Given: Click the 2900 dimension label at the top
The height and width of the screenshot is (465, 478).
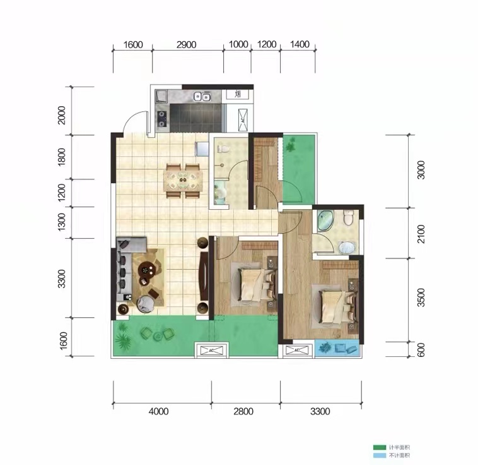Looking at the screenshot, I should click(x=187, y=45).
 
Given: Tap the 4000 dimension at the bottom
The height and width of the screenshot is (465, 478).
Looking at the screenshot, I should click(x=158, y=412).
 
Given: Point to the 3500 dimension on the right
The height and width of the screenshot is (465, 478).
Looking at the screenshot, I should click(x=421, y=298).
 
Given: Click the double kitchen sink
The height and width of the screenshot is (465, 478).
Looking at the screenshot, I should click(x=202, y=97).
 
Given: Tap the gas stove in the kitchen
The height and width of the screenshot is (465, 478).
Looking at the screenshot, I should click(x=162, y=118).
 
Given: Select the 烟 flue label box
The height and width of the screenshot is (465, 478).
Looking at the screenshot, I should click(x=238, y=95).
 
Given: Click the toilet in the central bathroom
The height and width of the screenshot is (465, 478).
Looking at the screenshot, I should click(x=221, y=150).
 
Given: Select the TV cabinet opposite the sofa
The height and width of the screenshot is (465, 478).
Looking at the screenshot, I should click(x=203, y=277).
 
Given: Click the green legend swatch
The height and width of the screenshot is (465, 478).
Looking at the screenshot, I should click(x=378, y=447).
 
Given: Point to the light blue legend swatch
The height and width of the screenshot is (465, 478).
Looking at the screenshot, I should click(x=378, y=456).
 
